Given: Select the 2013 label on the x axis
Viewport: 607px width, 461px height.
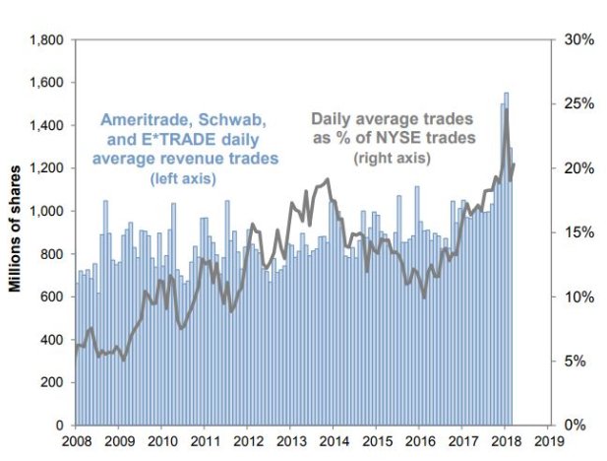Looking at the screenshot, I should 291,441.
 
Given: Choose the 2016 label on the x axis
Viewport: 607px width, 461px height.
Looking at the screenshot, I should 421,441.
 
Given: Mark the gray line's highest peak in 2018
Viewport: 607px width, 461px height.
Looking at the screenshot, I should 506,109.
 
